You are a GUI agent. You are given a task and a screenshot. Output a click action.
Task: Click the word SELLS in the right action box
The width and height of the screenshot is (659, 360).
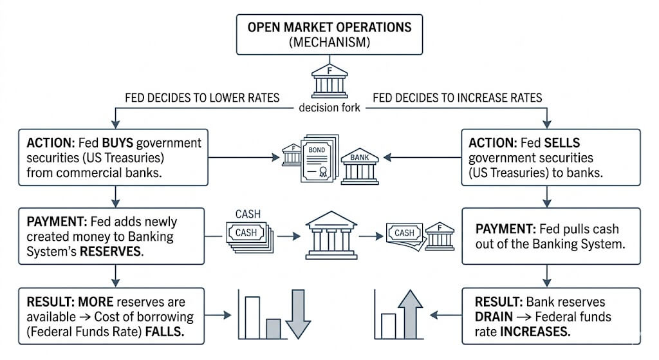pos(562,143)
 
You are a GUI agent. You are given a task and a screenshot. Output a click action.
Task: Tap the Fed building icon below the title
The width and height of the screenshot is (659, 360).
pos(329,81)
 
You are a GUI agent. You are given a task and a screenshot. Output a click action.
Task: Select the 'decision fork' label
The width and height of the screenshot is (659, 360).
pos(329,108)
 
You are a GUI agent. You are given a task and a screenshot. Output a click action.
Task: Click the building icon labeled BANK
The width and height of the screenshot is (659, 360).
pos(360,167)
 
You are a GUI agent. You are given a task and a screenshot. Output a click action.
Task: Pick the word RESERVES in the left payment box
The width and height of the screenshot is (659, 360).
pos(111,252)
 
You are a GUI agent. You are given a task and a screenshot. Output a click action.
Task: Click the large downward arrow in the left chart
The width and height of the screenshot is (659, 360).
pos(298,314)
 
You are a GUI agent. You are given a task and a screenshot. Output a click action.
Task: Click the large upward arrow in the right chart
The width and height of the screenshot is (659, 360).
pos(410,314)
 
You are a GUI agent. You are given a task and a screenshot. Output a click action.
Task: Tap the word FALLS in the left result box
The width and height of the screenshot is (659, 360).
pos(165,332)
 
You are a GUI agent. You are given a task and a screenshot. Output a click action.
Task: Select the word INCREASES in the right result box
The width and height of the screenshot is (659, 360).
pos(535,332)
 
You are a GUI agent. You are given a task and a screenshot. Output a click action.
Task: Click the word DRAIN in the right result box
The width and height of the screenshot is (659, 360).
pos(494,317)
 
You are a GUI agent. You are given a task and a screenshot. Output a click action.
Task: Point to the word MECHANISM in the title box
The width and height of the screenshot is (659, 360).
pos(329,42)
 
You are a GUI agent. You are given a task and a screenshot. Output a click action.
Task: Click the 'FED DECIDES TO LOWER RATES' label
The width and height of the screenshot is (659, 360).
pos(202,98)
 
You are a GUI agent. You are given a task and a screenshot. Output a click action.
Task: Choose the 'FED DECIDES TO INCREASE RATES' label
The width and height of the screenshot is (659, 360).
pos(458,98)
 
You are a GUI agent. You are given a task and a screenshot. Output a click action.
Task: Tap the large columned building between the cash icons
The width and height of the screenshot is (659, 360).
pos(331,235)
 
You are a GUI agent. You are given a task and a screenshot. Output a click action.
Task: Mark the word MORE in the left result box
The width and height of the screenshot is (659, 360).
pos(96,302)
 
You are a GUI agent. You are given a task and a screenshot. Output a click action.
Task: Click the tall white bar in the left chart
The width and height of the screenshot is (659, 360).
pos(252,317)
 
